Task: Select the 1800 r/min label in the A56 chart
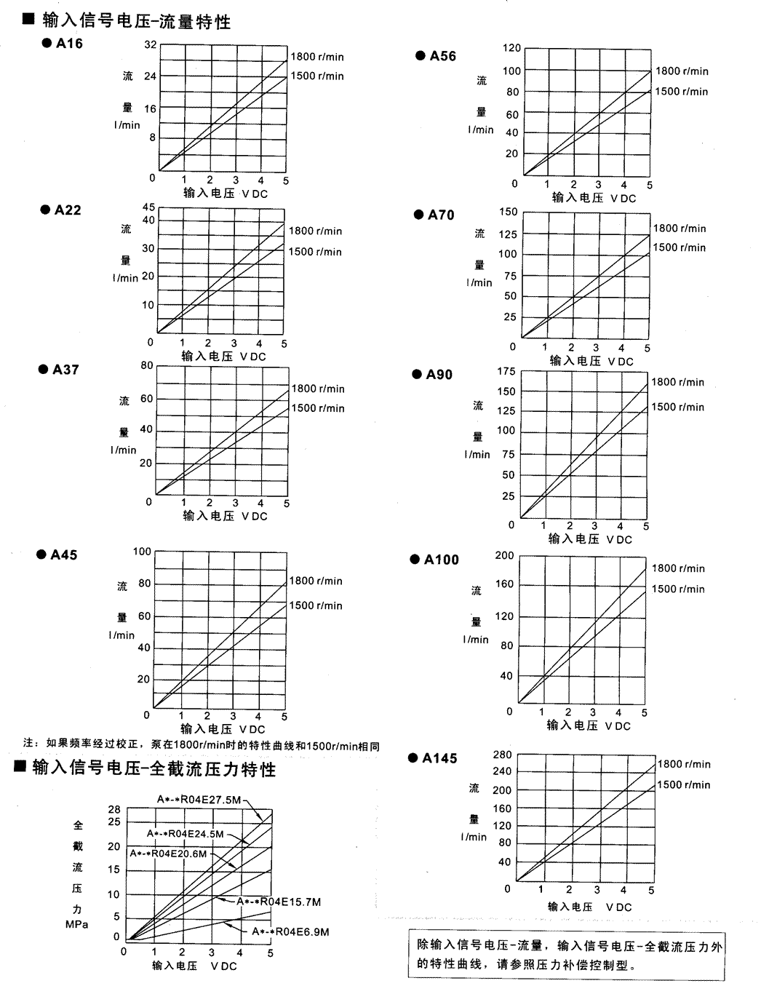pos(682,71)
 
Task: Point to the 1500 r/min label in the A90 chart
pos(677,407)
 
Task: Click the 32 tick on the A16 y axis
pos(150,44)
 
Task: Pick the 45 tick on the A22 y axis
pos(148,207)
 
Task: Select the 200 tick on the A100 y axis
pos(504,556)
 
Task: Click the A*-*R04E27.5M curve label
pos(199,800)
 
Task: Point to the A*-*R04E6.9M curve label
pos(290,931)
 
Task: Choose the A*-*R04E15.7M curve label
pos(279,902)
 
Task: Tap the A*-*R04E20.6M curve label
pos(169,854)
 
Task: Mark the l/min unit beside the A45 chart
pos(122,635)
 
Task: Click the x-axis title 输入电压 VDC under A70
pos(591,361)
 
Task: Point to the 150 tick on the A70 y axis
pos(509,212)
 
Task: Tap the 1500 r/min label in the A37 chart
pos(318,408)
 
